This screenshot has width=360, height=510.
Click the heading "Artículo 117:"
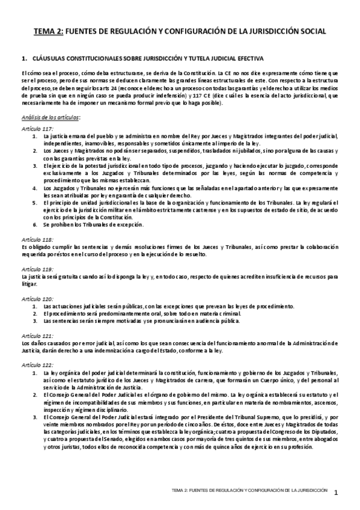[x=37, y=129]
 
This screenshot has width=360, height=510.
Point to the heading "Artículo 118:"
[x=37, y=239]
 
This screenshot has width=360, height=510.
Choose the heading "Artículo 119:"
[x=37, y=269]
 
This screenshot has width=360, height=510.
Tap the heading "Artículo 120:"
[x=37, y=299]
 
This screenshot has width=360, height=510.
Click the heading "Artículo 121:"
[x=37, y=335]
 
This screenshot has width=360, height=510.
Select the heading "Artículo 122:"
[x=37, y=365]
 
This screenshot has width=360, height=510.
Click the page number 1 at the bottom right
[x=337, y=493]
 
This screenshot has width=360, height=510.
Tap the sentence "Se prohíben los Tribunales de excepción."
[x=93, y=225]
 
